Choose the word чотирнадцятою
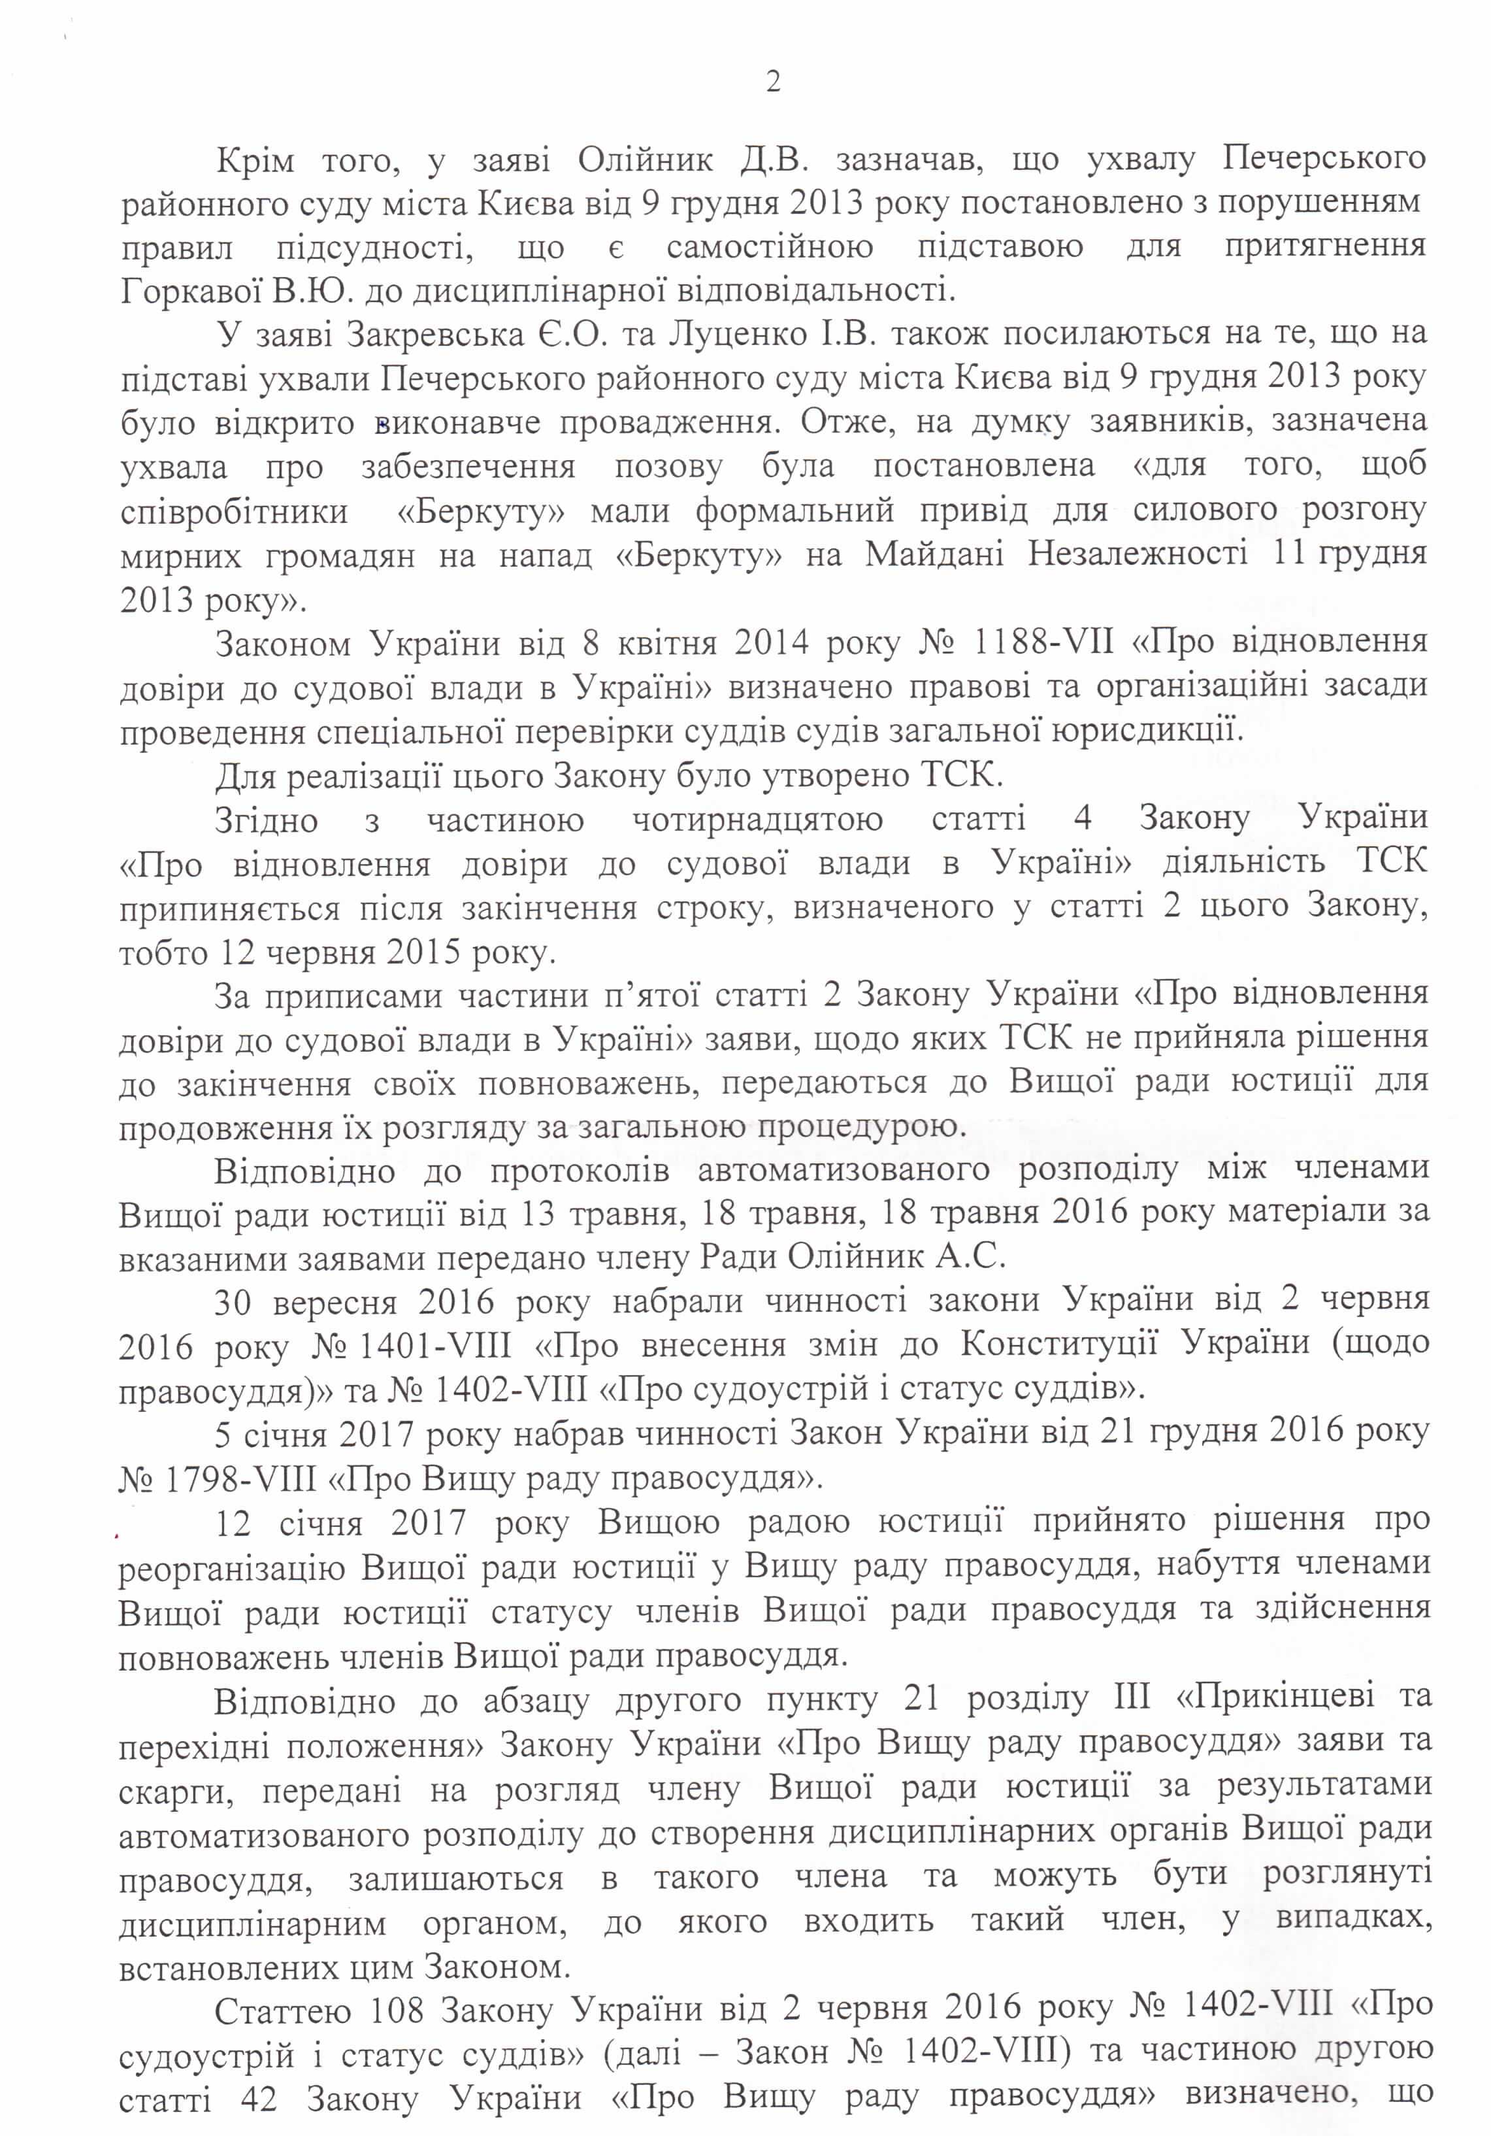tap(757, 820)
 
